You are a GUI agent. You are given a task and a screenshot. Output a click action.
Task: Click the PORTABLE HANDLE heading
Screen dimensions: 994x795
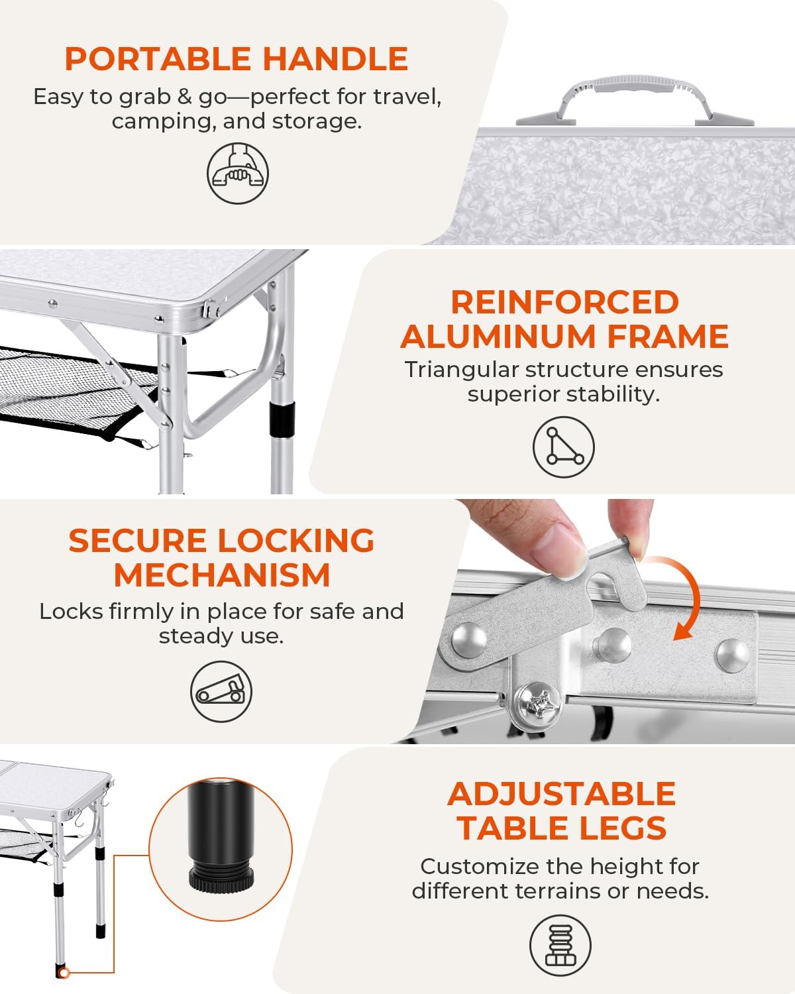coord(236,59)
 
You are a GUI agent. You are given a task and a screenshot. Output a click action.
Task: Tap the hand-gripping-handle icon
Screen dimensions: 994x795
coord(238,173)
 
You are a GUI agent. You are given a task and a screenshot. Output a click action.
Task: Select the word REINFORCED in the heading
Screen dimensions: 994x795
coord(564,302)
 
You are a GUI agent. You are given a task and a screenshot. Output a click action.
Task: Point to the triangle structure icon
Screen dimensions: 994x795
coord(563,447)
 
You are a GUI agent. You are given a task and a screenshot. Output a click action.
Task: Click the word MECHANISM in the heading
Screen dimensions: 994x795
coord(221,575)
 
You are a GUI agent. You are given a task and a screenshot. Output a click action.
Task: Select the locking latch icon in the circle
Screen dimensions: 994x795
coord(221,692)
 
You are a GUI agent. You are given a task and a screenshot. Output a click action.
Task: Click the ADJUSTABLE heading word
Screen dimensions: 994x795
coord(561,794)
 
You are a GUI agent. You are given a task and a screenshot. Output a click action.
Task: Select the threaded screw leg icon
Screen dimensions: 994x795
coord(560,945)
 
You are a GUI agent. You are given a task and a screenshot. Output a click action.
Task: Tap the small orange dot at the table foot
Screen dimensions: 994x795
coord(64,973)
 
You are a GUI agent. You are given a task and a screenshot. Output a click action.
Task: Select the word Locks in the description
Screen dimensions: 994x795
coord(67,611)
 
